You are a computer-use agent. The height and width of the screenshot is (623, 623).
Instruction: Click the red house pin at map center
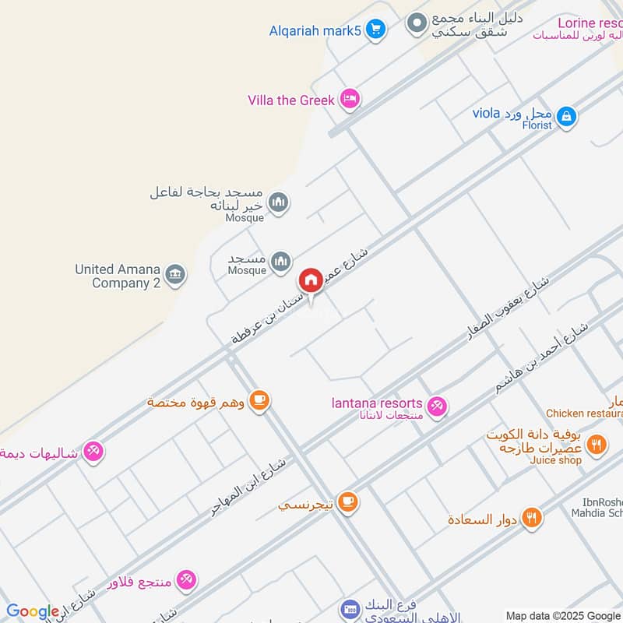311,281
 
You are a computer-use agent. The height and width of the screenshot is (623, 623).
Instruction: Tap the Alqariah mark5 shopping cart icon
376,30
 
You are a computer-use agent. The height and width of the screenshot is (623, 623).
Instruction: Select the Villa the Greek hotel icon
350,99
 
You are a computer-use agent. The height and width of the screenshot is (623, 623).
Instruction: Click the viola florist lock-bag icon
567,116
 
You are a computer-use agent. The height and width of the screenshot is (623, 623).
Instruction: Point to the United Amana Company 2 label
117,276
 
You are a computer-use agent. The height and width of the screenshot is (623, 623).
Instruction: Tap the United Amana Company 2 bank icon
177,273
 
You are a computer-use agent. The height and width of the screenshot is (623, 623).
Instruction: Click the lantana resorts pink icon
438,405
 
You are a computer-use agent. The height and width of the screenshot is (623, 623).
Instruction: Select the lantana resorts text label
377,403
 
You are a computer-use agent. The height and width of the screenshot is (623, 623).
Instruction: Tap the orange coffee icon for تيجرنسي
348,503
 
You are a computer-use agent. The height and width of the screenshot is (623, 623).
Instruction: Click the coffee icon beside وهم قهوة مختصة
260,401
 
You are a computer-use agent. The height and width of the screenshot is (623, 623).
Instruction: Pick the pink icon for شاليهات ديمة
93,451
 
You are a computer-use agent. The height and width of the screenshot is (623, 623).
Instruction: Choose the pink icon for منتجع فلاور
186,579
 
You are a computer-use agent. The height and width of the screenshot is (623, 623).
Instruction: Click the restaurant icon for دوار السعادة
533,518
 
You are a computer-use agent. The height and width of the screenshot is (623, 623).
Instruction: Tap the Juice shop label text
556,460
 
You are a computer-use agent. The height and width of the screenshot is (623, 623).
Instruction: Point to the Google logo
32,611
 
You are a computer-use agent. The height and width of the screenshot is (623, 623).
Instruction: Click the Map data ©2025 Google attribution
562,615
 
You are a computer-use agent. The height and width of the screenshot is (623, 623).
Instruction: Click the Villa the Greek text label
291,100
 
